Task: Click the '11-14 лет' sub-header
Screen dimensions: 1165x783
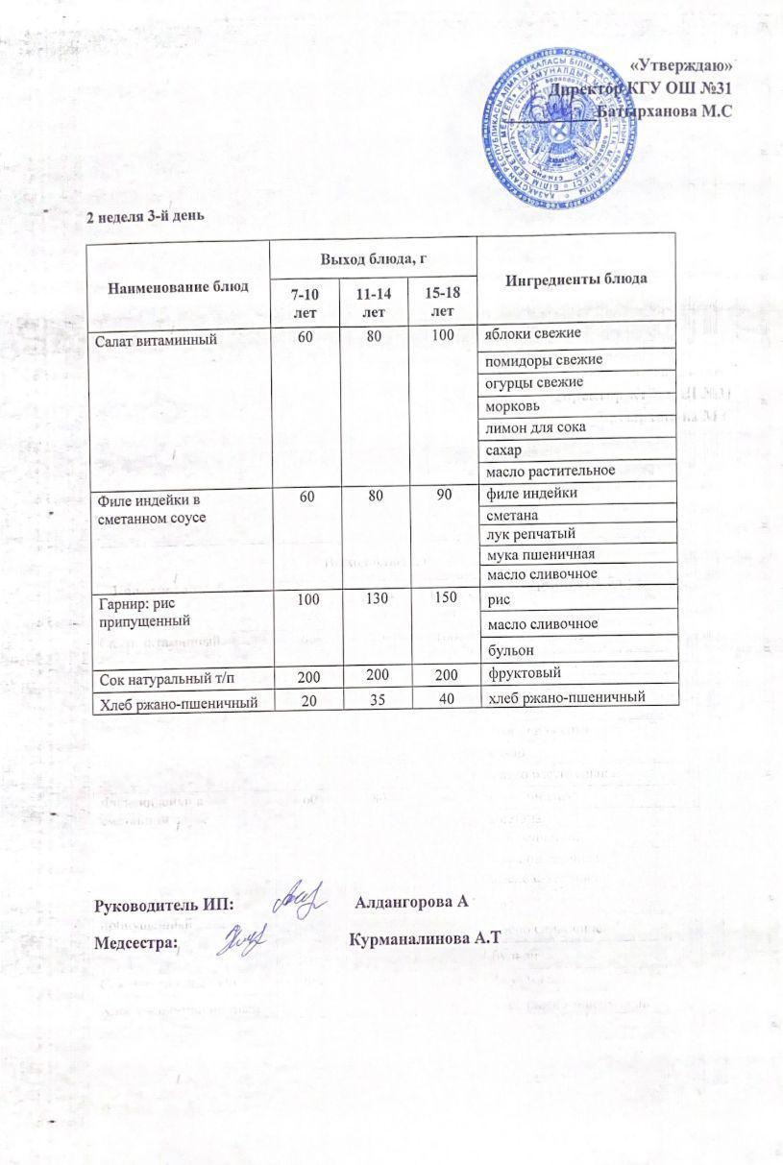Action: (375, 302)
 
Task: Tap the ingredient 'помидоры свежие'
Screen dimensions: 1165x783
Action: (544, 360)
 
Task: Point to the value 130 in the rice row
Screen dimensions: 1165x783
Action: (375, 599)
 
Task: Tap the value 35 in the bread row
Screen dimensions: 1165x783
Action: (375, 699)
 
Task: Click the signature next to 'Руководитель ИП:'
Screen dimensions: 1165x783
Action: (299, 897)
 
